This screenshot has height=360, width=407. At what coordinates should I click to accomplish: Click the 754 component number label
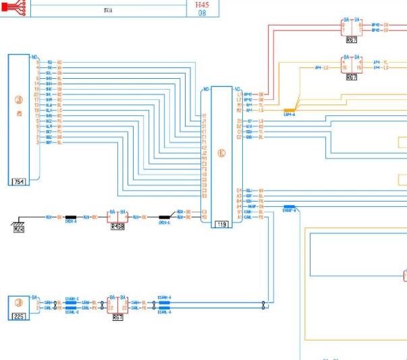(18, 182)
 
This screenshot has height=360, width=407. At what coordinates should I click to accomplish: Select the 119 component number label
(220, 224)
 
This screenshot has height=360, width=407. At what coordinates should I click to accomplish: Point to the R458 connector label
(118, 227)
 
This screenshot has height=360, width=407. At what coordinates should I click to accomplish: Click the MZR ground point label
(19, 229)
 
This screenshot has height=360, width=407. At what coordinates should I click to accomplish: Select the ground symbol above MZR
(18, 218)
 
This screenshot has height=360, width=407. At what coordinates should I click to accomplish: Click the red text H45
(202, 4)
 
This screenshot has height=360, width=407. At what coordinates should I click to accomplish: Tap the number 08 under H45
(202, 12)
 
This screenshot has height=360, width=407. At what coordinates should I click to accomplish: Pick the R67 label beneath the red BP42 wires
(351, 40)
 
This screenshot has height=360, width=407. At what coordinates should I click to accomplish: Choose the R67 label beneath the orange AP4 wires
(351, 78)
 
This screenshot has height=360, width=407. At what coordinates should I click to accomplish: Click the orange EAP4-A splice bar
(290, 110)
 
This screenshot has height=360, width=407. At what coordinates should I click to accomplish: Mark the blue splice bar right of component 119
(290, 207)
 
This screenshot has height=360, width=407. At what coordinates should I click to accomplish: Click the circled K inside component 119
(220, 152)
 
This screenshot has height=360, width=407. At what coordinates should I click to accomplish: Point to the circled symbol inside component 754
(18, 99)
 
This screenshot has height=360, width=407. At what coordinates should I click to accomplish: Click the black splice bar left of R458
(70, 218)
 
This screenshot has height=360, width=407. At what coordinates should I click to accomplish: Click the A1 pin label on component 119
(239, 217)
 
